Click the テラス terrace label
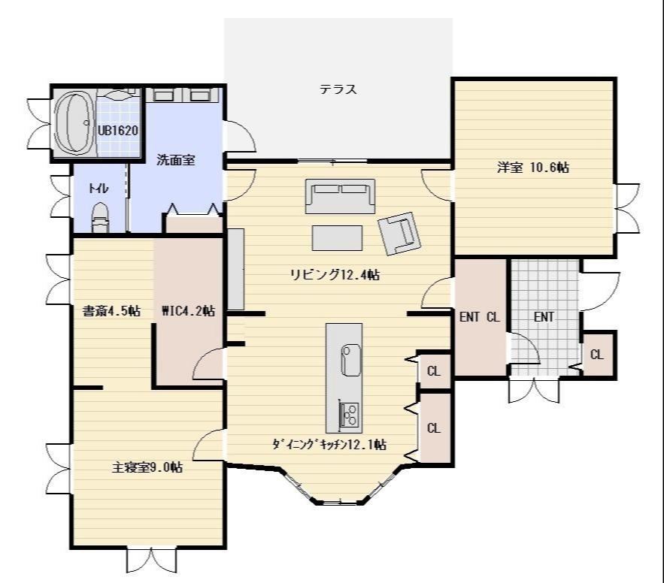pyautogui.click(x=338, y=89)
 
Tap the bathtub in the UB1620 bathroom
pyautogui.click(x=74, y=122)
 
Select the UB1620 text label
pyautogui.click(x=118, y=130)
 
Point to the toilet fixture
pyautogui.click(x=100, y=217)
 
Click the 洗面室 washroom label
pyautogui.click(x=176, y=160)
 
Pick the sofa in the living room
pyautogui.click(x=341, y=196)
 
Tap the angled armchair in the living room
pyautogui.click(x=399, y=233)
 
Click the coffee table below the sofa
pyautogui.click(x=338, y=237)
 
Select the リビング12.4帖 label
pyautogui.click(x=335, y=275)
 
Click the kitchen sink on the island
pyautogui.click(x=350, y=360)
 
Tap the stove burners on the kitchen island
pyautogui.click(x=350, y=414)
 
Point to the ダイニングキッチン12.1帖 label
pyautogui.click(x=329, y=445)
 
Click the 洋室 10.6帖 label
pyautogui.click(x=533, y=168)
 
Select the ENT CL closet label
pyautogui.click(x=480, y=317)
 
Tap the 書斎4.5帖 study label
pyautogui.click(x=111, y=311)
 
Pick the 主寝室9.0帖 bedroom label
pyautogui.click(x=147, y=467)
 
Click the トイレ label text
pyautogui.click(x=99, y=189)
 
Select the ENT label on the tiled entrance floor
pyautogui.click(x=544, y=317)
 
